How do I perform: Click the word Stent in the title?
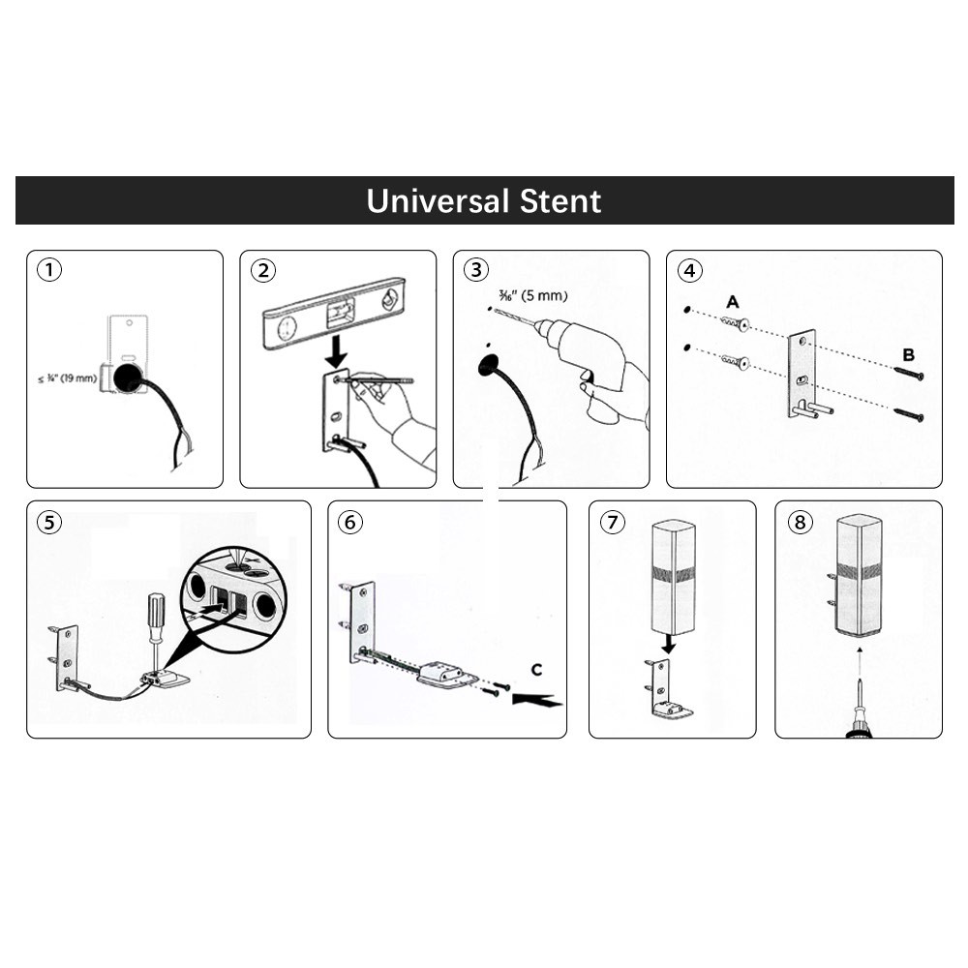click(560, 201)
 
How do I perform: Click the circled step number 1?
click(49, 270)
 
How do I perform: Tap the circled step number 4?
click(689, 270)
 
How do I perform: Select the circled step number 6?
click(350, 523)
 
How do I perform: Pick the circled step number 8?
click(800, 523)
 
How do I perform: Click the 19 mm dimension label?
click(68, 378)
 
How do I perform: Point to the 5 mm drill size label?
click(532, 295)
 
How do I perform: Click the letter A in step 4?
click(732, 302)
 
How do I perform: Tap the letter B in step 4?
click(908, 355)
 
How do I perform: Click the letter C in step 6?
click(536, 670)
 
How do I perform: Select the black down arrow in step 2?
click(337, 350)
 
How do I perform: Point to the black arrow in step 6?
click(536, 700)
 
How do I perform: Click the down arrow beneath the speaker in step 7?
click(668, 646)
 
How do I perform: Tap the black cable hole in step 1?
click(130, 378)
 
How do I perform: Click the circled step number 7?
click(612, 523)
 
